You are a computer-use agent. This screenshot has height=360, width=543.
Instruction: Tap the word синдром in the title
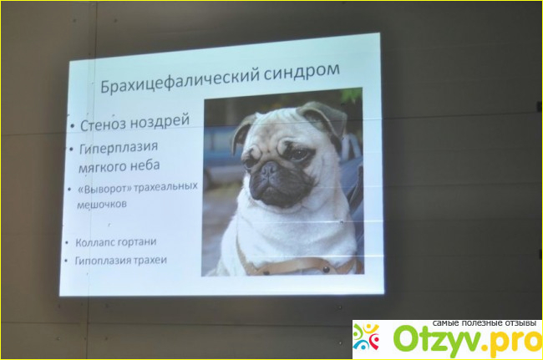pyautogui.click(x=302, y=72)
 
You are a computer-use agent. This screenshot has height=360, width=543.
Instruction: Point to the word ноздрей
pyautogui.click(x=160, y=121)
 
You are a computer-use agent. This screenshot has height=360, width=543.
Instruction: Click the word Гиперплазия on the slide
pyautogui.click(x=119, y=148)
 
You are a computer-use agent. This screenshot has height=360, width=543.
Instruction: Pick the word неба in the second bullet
pyautogui.click(x=145, y=165)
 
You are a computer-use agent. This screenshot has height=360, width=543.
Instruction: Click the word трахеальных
pyautogui.click(x=165, y=187)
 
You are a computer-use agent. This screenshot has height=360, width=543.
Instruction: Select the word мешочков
pyautogui.click(x=102, y=205)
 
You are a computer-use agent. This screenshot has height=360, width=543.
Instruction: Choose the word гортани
pyautogui.click(x=135, y=241)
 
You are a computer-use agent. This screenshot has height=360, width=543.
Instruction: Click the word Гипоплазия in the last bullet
pyautogui.click(x=102, y=261)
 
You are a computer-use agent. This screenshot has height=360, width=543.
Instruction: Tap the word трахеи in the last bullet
pyautogui.click(x=150, y=260)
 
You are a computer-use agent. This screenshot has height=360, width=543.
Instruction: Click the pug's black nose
pyautogui.click(x=269, y=169)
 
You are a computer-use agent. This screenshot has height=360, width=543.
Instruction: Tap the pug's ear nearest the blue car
pyautogui.click(x=243, y=131)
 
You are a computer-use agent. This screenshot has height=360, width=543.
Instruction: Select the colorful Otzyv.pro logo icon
pyautogui.click(x=366, y=337)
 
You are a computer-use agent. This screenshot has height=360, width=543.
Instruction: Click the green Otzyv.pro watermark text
pyautogui.click(x=468, y=340)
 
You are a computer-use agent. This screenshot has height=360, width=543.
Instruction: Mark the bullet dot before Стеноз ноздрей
pyautogui.click(x=72, y=126)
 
